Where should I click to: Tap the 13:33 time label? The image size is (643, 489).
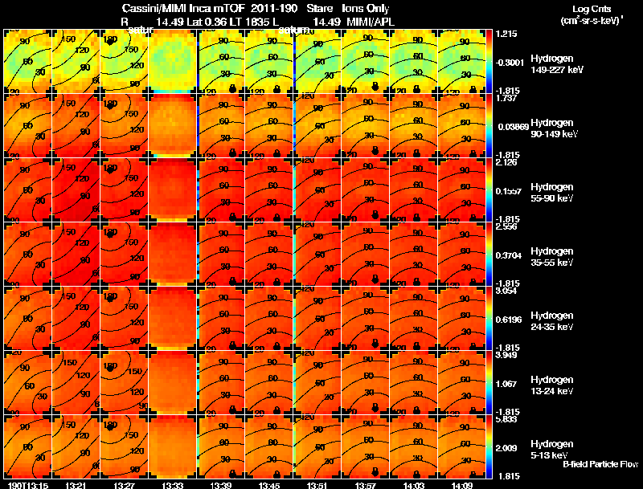click(x=174, y=485)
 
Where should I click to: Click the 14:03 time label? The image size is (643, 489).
click(x=416, y=485)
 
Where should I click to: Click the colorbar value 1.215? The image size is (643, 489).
click(x=506, y=34)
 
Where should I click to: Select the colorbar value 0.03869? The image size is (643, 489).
click(x=510, y=127)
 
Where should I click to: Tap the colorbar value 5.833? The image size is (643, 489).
click(x=507, y=419)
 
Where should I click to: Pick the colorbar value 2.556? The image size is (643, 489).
click(x=506, y=226)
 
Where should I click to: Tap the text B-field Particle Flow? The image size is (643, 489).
click(x=600, y=464)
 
